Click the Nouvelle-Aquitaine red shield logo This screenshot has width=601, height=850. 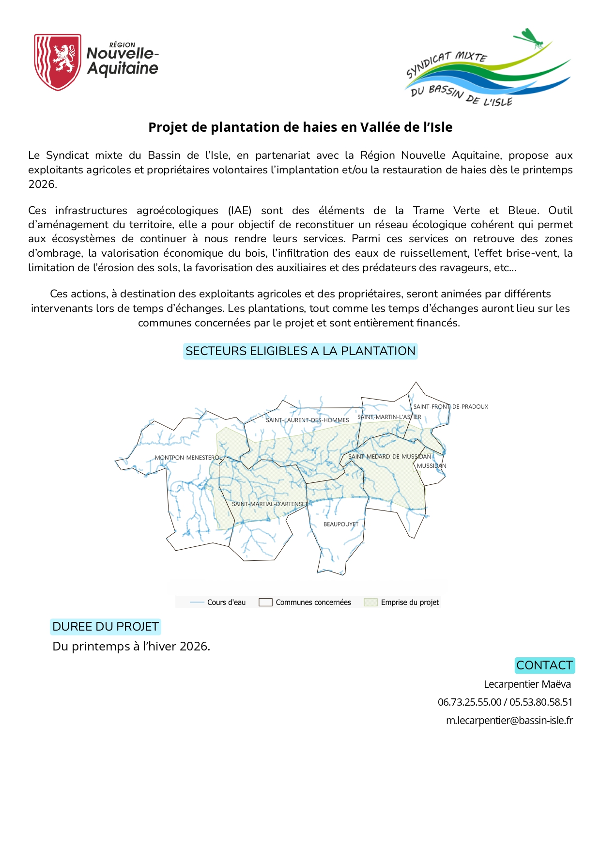click(x=57, y=62)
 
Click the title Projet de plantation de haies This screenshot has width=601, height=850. click(x=300, y=127)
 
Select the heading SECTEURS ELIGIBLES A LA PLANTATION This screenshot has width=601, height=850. click(x=300, y=351)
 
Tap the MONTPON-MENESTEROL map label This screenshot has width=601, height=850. click(x=188, y=458)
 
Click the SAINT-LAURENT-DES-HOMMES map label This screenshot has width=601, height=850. click(x=307, y=420)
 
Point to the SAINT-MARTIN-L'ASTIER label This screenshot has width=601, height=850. click(x=389, y=417)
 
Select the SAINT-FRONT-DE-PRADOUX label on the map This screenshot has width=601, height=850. click(x=450, y=407)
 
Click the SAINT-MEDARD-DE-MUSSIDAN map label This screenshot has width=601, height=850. click(x=389, y=457)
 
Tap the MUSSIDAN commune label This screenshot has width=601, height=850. click(x=431, y=466)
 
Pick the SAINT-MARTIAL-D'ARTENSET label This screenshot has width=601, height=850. click(x=269, y=504)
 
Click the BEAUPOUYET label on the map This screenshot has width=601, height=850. click(x=341, y=525)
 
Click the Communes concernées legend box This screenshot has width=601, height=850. click(x=265, y=603)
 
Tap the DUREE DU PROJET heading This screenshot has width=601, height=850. click(x=105, y=627)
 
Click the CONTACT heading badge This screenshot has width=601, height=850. click(x=544, y=665)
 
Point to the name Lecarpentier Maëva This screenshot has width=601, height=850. click(x=527, y=684)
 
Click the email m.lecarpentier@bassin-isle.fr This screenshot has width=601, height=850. click(x=509, y=721)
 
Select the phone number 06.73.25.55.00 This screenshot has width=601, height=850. click(x=469, y=702)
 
